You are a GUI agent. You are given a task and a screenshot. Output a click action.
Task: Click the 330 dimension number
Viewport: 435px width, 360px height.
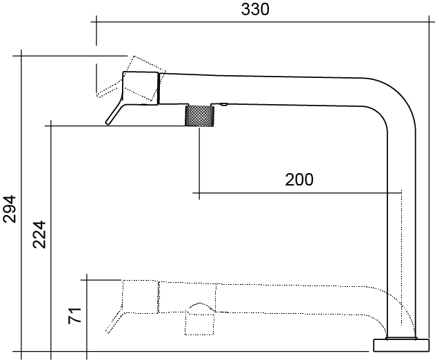click(255, 10)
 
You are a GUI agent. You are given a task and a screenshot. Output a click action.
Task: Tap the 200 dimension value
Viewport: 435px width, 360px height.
click(299, 179)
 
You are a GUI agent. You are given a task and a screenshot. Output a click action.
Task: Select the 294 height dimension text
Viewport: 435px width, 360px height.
click(10, 209)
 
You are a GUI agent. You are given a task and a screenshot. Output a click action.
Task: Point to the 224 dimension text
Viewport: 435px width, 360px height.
click(39, 234)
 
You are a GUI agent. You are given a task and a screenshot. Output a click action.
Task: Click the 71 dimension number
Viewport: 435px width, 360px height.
click(75, 315)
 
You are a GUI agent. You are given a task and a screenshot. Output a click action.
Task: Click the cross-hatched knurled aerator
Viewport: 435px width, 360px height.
click(199, 116)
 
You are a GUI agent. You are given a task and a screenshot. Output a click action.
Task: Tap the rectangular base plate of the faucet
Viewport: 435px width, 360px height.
click(401, 346)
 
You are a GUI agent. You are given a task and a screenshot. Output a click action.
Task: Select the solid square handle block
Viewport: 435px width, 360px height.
click(141, 88)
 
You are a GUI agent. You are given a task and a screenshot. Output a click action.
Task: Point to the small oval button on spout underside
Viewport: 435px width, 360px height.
click(223, 104)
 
